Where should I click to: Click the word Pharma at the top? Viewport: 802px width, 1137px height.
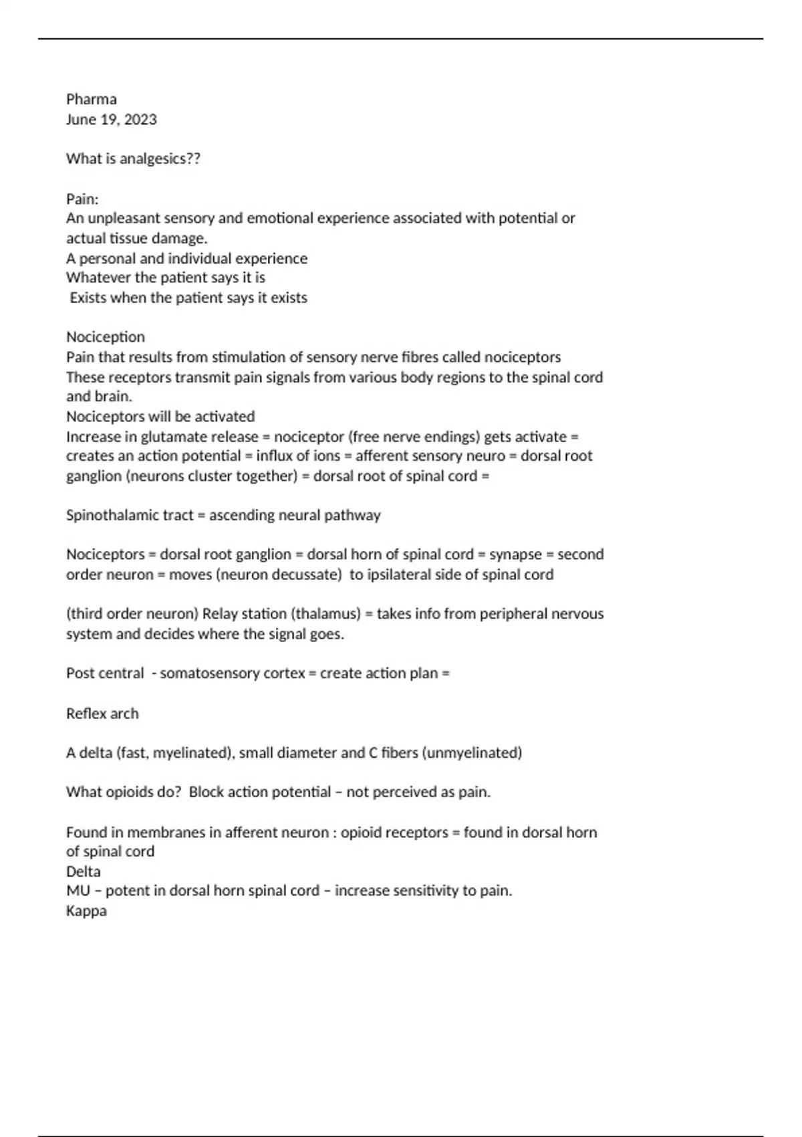pos(91,100)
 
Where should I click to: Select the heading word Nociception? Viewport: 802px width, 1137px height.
pos(105,337)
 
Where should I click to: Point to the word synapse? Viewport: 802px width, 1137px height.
pos(515,554)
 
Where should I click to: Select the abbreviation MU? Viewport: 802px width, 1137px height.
pos(78,891)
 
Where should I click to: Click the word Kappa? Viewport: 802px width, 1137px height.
pos(86,911)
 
